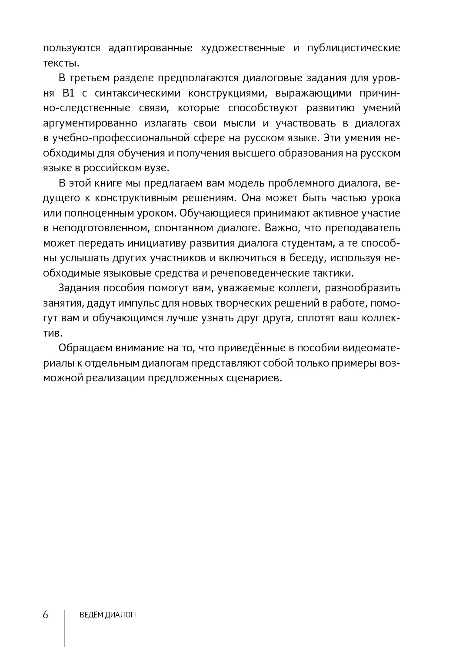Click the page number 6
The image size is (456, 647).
pos(46,615)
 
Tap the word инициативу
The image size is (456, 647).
pos(179,243)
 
